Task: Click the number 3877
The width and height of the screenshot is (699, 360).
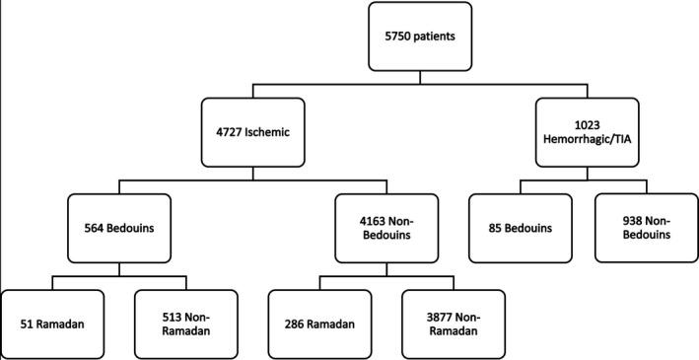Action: coord(431,315)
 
